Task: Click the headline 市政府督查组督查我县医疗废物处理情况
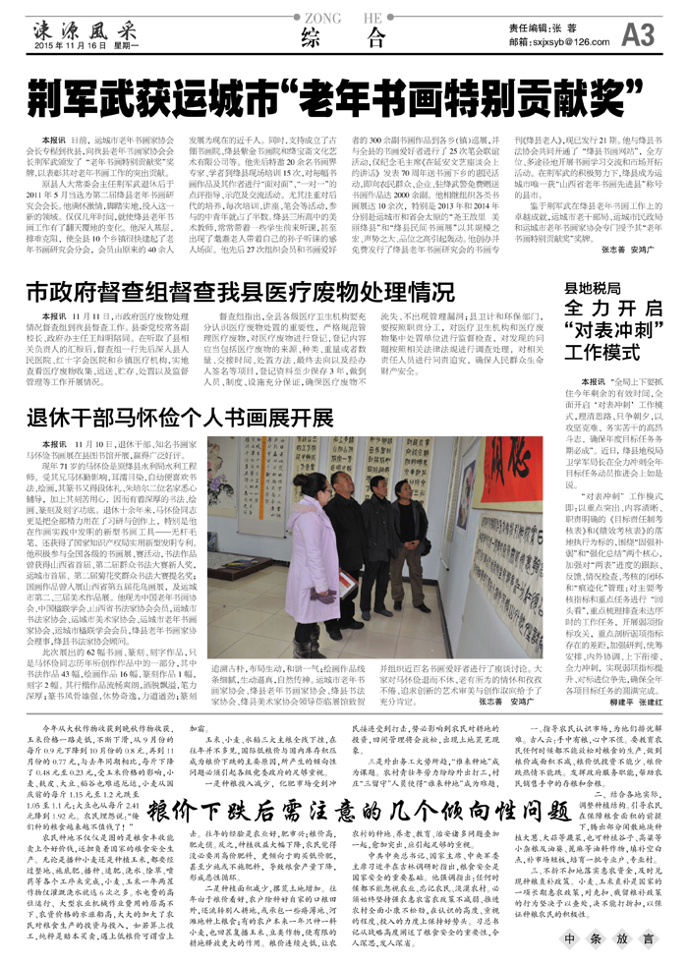point(233,292)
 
